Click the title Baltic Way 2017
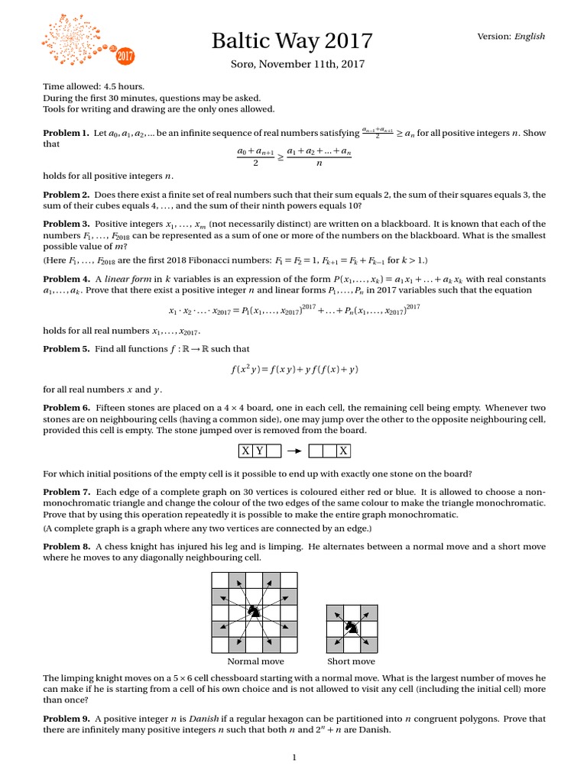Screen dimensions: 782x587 point(292,40)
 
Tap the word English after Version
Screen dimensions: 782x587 point(530,36)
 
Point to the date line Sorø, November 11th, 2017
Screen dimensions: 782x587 point(292,66)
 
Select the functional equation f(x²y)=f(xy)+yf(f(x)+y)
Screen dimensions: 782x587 point(293,369)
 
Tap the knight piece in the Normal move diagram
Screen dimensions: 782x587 point(255,610)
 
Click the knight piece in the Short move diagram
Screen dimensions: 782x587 point(351,628)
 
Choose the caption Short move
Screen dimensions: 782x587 point(351,661)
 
